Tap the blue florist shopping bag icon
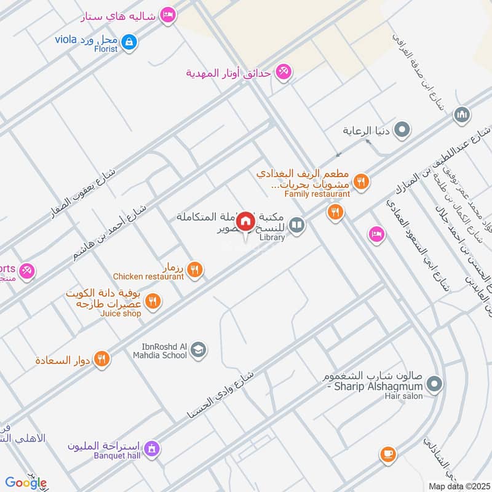coord(129,42)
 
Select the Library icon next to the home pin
coord(297,226)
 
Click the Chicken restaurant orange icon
coord(195,269)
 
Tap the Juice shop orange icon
coord(154,301)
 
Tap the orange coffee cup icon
coord(387,454)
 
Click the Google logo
coord(26,483)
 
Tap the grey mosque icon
coord(461,115)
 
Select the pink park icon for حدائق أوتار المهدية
coord(283,73)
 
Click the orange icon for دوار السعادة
coord(103,359)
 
